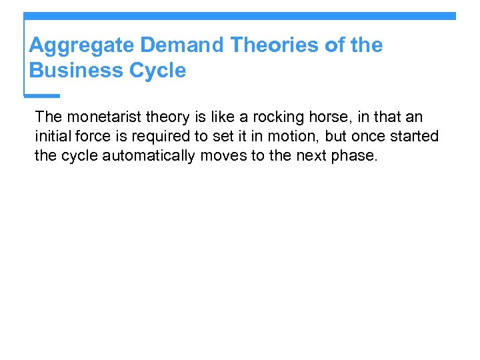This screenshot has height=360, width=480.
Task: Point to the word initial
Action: point(52,137)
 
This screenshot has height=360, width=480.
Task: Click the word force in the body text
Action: point(93,137)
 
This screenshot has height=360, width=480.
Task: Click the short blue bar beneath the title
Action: point(41,95)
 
